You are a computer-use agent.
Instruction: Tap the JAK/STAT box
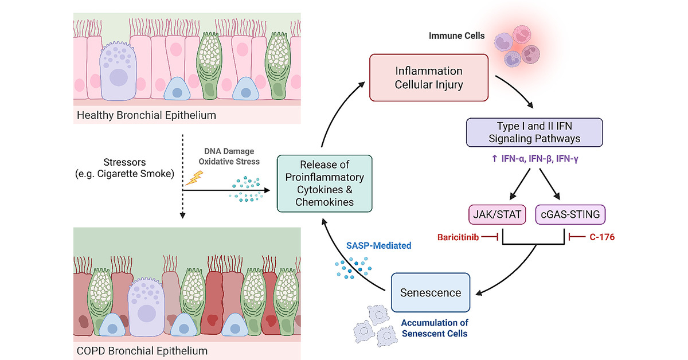tap(497, 215)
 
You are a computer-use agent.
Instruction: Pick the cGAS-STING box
tap(569, 215)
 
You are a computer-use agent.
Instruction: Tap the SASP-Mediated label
tap(378, 246)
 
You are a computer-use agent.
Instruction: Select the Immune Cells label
tap(456, 36)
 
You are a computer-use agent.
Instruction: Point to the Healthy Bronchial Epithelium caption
tap(147, 115)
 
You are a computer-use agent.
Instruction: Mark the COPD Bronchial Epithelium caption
tap(142, 350)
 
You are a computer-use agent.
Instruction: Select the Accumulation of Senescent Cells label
tap(433, 328)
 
